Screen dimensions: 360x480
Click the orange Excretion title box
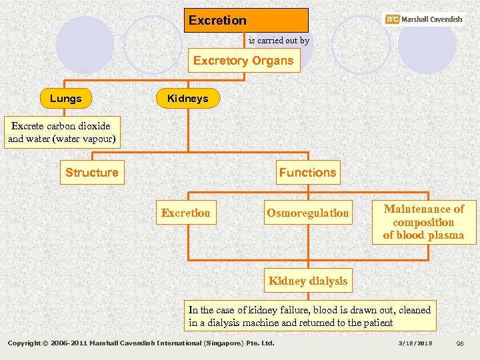(x=246, y=20)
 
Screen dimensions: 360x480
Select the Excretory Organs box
(x=243, y=61)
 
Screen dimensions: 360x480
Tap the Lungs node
(x=65, y=99)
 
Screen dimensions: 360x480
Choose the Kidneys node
(x=187, y=99)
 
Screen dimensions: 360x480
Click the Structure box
(x=91, y=173)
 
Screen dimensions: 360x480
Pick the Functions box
(x=307, y=173)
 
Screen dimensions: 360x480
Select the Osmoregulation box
(x=307, y=213)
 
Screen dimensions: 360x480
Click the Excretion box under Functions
(x=185, y=213)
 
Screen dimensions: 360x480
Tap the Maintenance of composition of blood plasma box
(x=423, y=222)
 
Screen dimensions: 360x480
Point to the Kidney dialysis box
(x=307, y=281)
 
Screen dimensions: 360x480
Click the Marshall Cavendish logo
(x=424, y=19)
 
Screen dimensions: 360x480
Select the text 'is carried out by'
(x=279, y=41)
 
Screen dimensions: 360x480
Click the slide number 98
(x=459, y=343)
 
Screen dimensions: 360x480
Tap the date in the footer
(x=415, y=343)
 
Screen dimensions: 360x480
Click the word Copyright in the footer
(x=26, y=343)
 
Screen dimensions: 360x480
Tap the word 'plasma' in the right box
(x=447, y=235)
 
